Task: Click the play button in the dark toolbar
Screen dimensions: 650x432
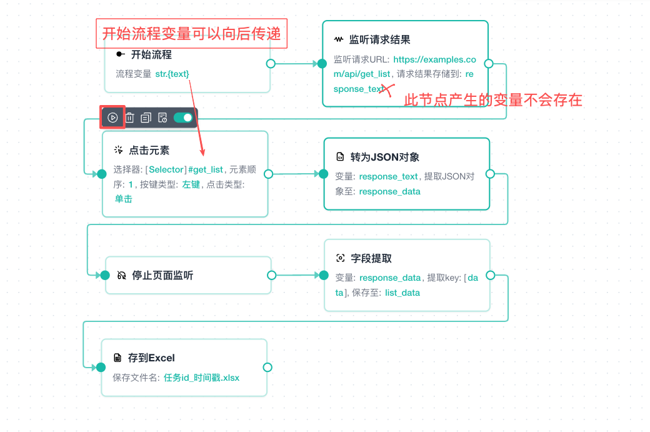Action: (x=112, y=118)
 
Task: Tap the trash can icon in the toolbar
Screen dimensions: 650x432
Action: (x=130, y=118)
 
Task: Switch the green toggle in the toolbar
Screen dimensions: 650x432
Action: (x=183, y=118)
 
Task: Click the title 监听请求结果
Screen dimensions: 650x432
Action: (x=380, y=39)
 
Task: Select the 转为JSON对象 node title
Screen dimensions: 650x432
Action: (x=385, y=157)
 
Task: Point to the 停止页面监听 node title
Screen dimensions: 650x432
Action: (x=162, y=275)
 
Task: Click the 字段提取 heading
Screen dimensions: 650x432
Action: (x=371, y=258)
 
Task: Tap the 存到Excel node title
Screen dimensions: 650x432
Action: (x=151, y=358)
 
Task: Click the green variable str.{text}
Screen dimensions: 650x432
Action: (x=172, y=74)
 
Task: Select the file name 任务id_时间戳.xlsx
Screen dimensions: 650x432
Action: (x=201, y=378)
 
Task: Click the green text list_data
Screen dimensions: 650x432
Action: (x=402, y=293)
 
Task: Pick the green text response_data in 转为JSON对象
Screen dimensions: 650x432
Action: (x=389, y=191)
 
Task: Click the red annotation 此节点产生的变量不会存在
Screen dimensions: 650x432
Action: (x=493, y=100)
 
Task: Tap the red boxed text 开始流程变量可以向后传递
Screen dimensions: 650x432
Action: (x=191, y=34)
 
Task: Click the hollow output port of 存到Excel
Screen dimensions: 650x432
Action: (x=267, y=368)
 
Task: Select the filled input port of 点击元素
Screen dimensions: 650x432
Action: (x=101, y=174)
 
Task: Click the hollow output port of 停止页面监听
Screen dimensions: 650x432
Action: (x=271, y=275)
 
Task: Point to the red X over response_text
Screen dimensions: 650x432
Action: (x=387, y=89)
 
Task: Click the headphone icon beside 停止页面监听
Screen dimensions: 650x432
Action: (x=121, y=275)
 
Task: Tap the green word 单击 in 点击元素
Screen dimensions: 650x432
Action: (x=124, y=199)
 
